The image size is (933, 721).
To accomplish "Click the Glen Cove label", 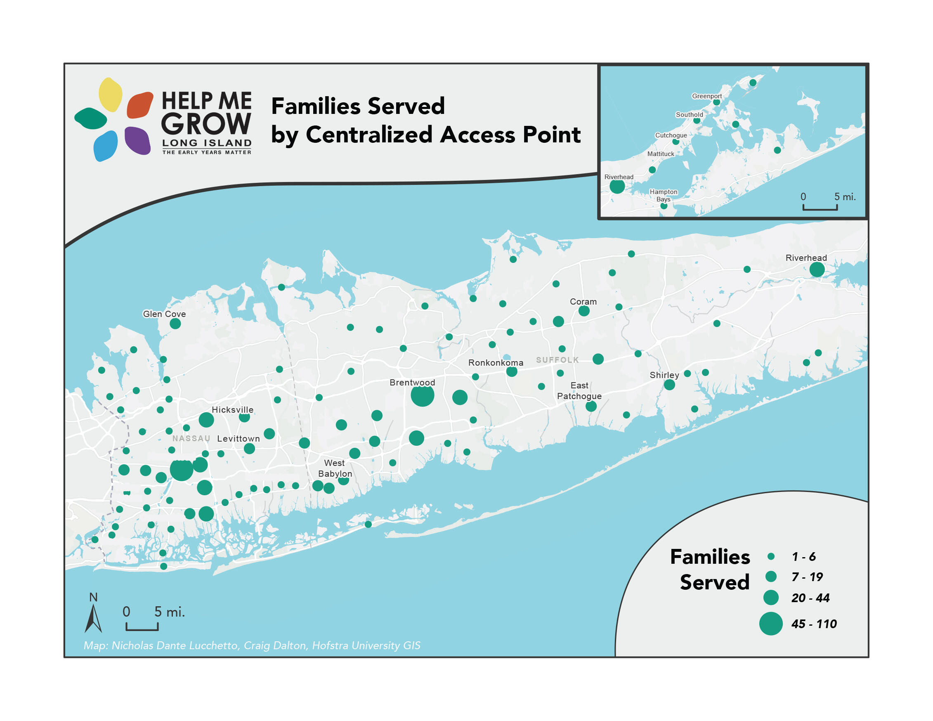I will (164, 314).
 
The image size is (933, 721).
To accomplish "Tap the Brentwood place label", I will (412, 382).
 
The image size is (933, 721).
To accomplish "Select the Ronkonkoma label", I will (496, 363).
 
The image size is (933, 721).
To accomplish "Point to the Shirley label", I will (664, 375).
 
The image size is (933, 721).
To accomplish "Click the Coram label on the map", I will (583, 302).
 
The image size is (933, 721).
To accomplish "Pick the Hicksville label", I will (232, 410).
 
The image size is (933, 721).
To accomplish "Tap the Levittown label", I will (238, 439).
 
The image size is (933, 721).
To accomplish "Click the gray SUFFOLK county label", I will (557, 360).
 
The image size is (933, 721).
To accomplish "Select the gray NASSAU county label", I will (191, 439).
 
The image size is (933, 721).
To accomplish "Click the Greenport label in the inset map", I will (706, 96).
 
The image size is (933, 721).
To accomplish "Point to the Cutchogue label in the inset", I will (671, 135).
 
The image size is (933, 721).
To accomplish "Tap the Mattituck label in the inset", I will (661, 154).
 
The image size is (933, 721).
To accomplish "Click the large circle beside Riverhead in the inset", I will (617, 187).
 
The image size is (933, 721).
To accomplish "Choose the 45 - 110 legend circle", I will (770, 624).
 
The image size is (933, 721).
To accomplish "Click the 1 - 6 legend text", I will (803, 557).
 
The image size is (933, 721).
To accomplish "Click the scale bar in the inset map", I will (820, 208).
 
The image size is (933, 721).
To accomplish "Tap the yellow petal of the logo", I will (110, 95).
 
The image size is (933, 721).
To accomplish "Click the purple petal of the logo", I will (137, 140).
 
